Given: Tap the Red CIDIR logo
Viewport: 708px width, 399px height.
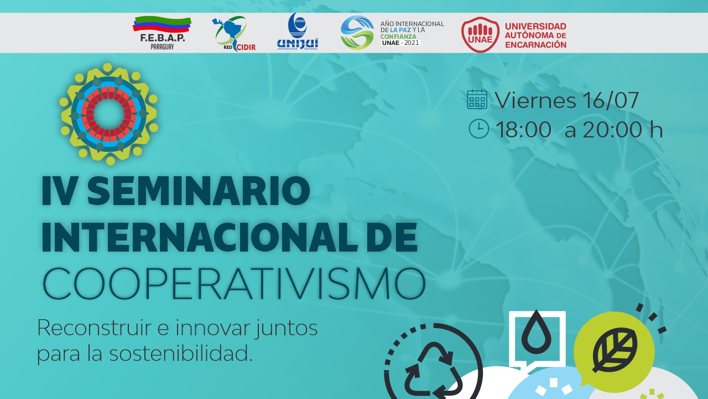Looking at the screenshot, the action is coord(233,34).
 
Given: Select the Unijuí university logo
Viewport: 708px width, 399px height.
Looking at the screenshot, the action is coord(298,32).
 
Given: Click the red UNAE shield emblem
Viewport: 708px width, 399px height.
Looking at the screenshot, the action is coord(481,34).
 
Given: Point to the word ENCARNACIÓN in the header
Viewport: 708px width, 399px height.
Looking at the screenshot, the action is coord(535,45).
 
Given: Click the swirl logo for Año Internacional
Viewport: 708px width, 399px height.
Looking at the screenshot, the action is coord(357,33).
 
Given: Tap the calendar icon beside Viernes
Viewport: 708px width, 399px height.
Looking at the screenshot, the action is coord(477,99).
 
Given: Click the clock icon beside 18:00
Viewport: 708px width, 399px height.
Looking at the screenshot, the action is coord(479,129).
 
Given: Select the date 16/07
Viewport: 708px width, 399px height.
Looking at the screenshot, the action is coord(610,100).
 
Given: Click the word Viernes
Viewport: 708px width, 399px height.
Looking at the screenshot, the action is coord(535,100).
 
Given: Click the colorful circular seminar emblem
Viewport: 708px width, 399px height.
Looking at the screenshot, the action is coord(108,114).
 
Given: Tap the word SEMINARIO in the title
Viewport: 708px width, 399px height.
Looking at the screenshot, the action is coord(199,191).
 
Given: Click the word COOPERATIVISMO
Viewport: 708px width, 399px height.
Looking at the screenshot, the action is coord(234,283).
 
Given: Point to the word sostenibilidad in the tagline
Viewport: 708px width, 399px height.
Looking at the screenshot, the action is coord(180,354).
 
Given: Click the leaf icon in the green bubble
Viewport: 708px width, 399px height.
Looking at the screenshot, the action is coord(615,350).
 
